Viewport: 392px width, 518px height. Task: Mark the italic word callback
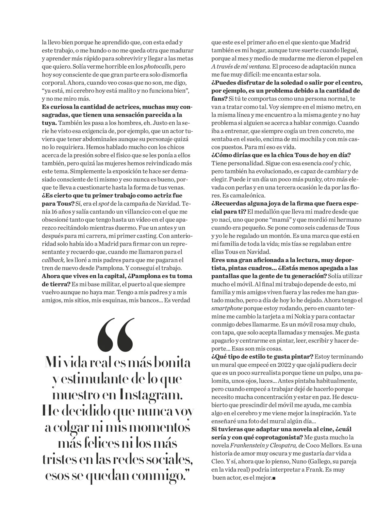(53, 260)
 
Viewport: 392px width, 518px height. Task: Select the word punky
(296, 180)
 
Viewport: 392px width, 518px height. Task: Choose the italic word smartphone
(227, 308)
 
